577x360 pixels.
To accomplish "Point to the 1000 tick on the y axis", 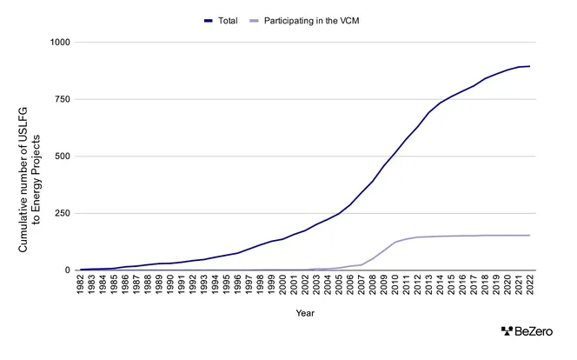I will (61, 43).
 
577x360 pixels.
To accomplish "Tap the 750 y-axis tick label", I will (63, 99).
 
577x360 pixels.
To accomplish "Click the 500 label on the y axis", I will (63, 157).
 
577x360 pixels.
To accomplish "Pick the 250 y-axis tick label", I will (63, 213).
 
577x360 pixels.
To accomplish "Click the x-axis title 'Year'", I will (305, 312).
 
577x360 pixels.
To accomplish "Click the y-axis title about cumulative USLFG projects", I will (30, 157).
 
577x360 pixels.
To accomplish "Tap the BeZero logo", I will (529, 331).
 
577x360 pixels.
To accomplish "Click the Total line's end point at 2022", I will (529, 66).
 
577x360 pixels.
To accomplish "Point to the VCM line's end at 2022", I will (529, 235).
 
